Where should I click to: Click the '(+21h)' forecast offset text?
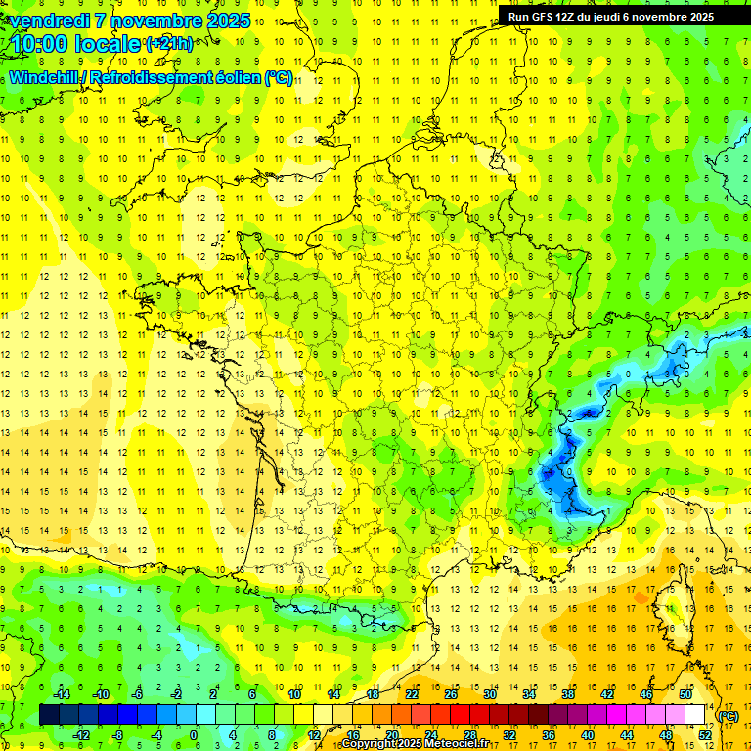coord(169,44)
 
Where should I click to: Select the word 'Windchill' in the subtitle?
coord(45,78)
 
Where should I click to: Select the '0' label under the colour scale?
coord(193,735)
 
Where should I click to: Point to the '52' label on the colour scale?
coord(705,735)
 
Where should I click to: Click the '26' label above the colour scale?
coord(451,694)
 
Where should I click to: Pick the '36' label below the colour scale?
coord(549,735)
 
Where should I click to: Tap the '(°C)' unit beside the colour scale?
coord(729,716)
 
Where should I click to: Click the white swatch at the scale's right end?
coord(695,715)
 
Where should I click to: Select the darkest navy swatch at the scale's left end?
coord(49,715)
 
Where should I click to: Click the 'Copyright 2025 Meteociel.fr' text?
coord(428,744)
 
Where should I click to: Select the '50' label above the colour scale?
coord(685,694)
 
